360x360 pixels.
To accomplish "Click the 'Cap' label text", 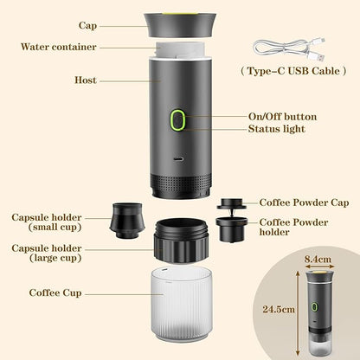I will (x=87, y=26).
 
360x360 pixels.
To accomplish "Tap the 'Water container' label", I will (x=59, y=47).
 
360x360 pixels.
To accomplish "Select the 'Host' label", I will (x=86, y=80).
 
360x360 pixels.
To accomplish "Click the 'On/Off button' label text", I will (x=282, y=116).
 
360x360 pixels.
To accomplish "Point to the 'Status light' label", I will (x=277, y=129).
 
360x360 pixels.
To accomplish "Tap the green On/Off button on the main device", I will (x=179, y=120).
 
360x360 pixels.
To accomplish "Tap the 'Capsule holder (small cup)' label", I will (x=48, y=222).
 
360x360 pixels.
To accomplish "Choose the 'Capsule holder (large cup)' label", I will (x=48, y=254).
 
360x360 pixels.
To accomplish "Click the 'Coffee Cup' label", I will (x=56, y=293).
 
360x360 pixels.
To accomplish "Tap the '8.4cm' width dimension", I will (x=318, y=257).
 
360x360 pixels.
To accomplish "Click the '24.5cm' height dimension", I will (x=278, y=307).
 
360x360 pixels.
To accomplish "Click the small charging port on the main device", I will (x=179, y=160).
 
